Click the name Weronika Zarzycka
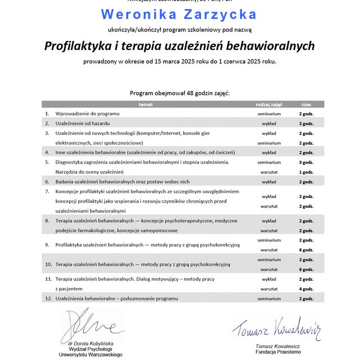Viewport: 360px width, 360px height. pos(179,15)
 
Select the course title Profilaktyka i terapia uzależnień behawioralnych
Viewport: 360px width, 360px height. pos(179,46)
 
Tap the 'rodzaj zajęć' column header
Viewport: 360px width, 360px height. pos(269,104)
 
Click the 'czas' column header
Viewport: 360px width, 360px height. pos(306,104)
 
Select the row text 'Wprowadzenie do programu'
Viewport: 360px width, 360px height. pos(87,114)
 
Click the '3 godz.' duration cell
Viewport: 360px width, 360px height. pos(306,163)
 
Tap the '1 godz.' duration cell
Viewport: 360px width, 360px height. pos(306,172)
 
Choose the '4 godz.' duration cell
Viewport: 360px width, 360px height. pos(306,289)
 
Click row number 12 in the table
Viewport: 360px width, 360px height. pos(48,298)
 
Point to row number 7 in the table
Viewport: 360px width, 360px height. pos(47,192)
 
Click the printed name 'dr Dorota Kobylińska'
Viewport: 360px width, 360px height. pos(91,343)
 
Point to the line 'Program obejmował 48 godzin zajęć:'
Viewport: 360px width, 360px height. pos(179,93)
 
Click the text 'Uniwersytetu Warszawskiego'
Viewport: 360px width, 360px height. pos(91,355)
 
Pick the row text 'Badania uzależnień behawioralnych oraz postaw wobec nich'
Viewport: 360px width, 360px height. pos(122,182)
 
